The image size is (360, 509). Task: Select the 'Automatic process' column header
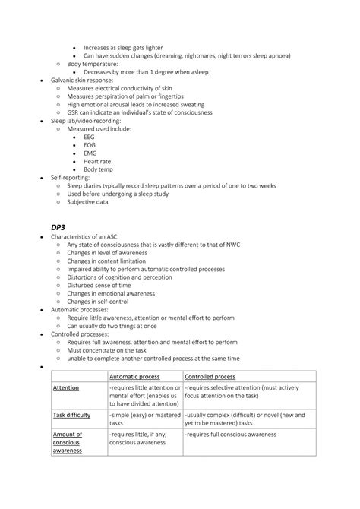point(134,376)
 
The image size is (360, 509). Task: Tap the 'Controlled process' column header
point(210,376)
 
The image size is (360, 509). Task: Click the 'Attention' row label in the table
point(66,387)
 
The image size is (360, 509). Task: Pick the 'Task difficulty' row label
point(72,416)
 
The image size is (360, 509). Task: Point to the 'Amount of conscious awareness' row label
point(68,442)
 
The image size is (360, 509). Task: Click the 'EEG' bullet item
point(90,137)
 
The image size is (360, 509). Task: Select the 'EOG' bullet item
point(90,145)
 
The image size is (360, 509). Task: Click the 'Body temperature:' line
point(96,64)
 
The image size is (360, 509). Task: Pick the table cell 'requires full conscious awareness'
point(230,434)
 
